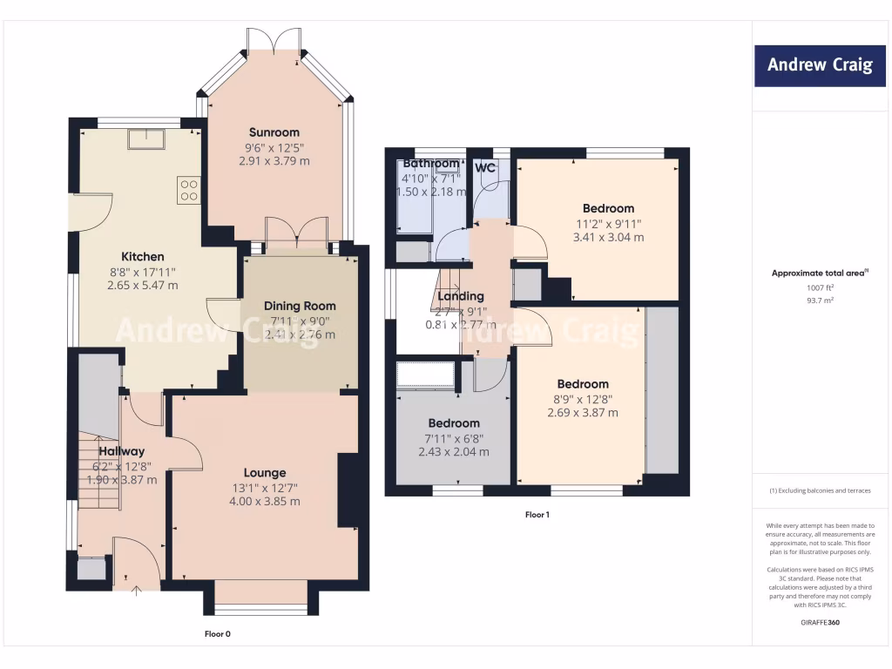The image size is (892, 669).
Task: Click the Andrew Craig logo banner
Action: (x=819, y=65)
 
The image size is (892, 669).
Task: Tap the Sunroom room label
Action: (x=274, y=132)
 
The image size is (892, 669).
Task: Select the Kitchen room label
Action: (x=142, y=257)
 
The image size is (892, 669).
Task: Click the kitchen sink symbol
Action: (x=145, y=139)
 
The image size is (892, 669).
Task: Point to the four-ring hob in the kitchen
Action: (x=189, y=190)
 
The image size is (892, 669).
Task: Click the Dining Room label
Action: (x=300, y=306)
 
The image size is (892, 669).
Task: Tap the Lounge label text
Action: (x=264, y=473)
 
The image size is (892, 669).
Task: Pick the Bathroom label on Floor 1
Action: (x=430, y=164)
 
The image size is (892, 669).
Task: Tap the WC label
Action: (x=485, y=167)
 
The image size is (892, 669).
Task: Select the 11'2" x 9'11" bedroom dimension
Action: (x=608, y=223)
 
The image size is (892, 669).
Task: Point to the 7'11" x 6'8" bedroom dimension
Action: (x=453, y=438)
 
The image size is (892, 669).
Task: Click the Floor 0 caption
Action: (x=217, y=634)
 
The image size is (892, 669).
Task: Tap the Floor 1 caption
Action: (x=537, y=515)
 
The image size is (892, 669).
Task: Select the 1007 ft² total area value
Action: (x=818, y=287)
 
